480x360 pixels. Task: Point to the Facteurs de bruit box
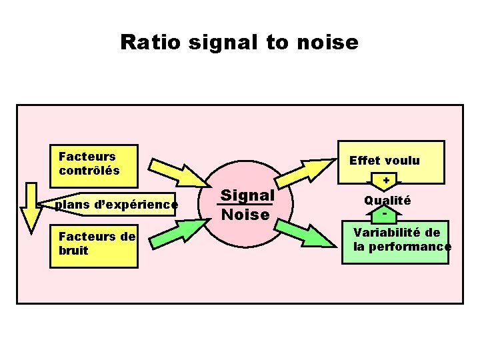click(93, 244)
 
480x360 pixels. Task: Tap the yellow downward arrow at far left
click(31, 207)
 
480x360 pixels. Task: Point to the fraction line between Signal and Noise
click(246, 205)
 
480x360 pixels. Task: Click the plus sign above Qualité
click(386, 181)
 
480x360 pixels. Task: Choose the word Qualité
click(387, 200)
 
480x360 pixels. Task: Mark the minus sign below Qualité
click(386, 215)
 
